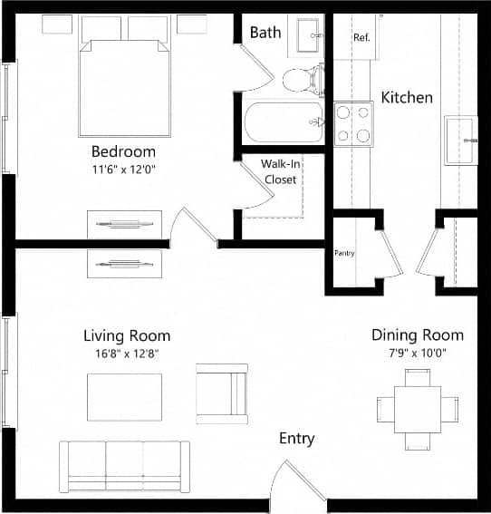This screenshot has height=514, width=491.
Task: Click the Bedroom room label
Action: (123, 151)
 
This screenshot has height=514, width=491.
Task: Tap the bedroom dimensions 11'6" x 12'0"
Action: (123, 169)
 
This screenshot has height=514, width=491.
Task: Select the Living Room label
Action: (127, 335)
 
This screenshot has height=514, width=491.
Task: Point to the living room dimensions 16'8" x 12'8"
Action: (127, 353)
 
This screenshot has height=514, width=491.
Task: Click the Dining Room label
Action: (418, 335)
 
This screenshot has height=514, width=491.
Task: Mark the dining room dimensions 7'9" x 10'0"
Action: (418, 353)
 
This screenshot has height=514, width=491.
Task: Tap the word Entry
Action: (296, 439)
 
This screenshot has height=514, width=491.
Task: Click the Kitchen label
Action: (406, 97)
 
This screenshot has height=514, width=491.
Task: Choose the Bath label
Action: (265, 33)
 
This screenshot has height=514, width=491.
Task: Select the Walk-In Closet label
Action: (280, 171)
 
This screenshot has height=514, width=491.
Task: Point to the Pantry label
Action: (344, 253)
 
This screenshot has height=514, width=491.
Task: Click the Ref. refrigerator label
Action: (362, 37)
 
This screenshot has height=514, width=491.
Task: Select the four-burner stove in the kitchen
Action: (353, 124)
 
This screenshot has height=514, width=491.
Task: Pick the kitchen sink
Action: (461, 141)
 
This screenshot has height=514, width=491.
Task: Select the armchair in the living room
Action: (221, 393)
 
